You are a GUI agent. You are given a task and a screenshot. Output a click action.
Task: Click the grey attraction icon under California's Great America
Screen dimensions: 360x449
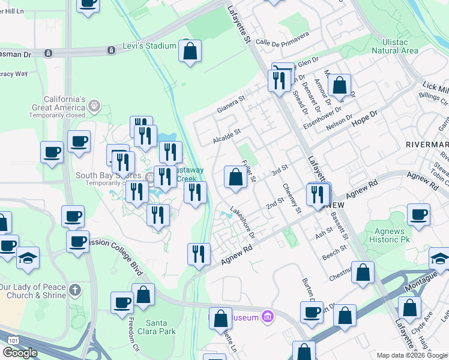click(x=94, y=106)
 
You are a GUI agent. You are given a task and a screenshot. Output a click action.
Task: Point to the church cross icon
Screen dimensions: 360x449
click(x=75, y=290)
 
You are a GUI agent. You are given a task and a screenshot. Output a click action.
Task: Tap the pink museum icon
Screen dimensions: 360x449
click(x=268, y=317)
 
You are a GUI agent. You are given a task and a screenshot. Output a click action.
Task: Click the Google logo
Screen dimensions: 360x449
click(x=20, y=353)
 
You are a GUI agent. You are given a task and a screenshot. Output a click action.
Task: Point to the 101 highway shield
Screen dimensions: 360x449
click(x=13, y=340)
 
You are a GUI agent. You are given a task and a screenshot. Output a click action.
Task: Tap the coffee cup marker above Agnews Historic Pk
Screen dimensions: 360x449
click(x=418, y=214)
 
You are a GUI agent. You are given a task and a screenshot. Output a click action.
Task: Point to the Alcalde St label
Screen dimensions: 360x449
click(x=226, y=136)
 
